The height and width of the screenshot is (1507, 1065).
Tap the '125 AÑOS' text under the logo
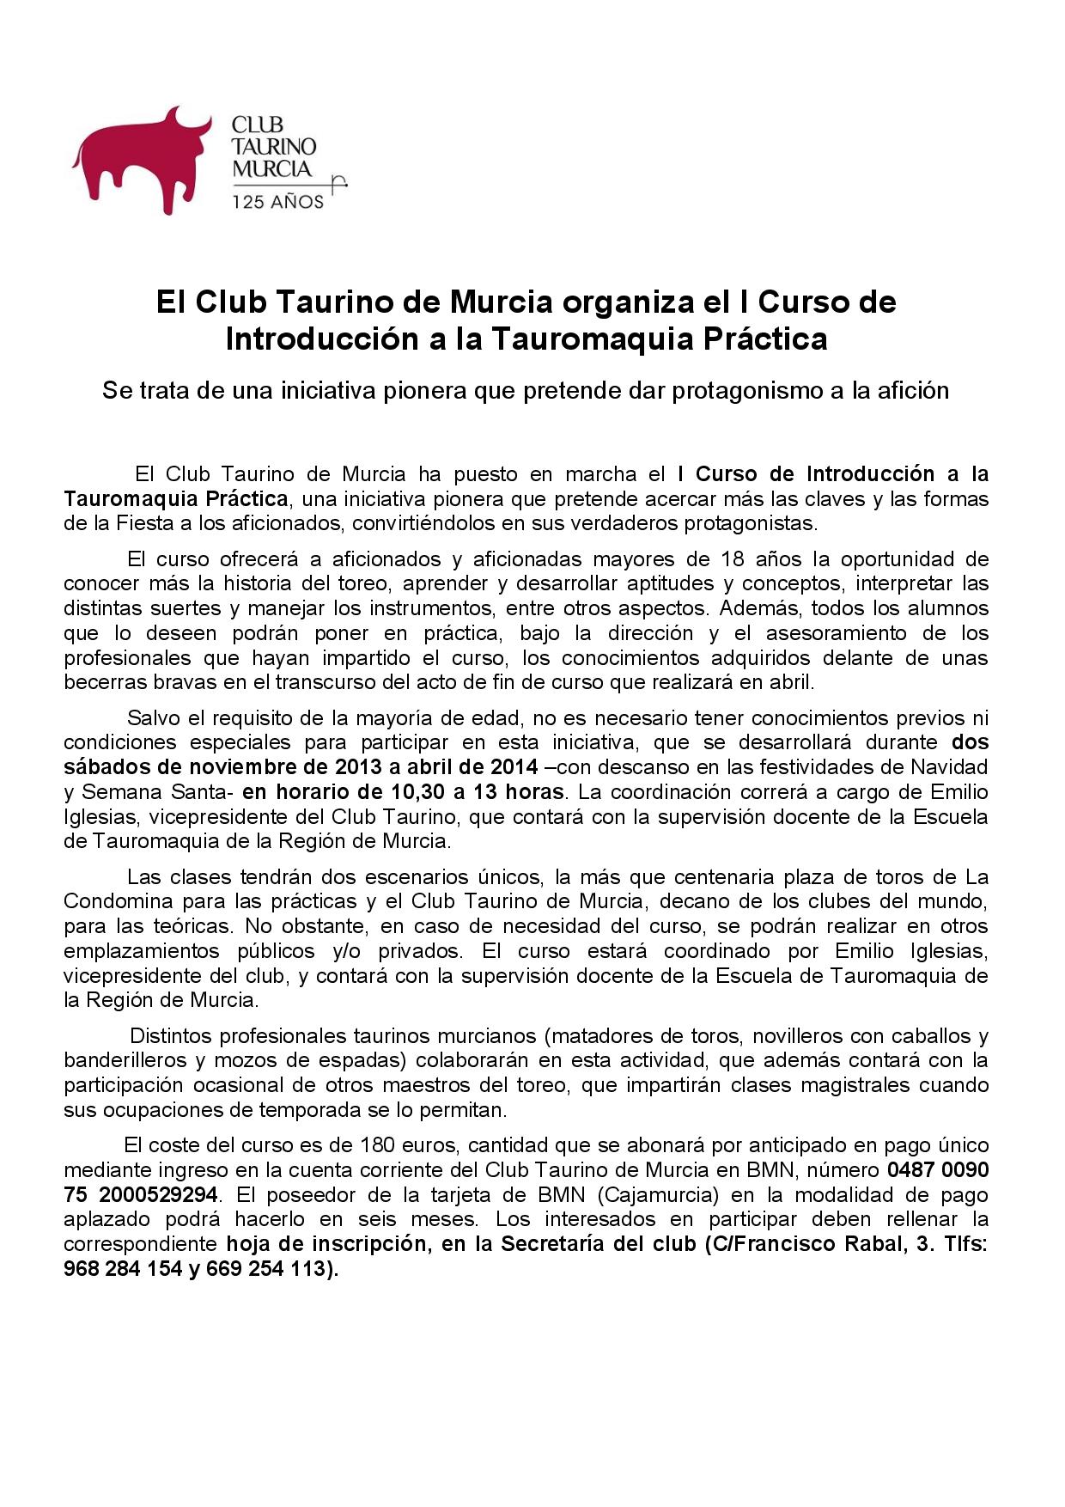pos(278,202)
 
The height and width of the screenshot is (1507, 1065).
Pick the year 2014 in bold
pos(514,766)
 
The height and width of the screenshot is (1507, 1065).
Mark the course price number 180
pos(378,1145)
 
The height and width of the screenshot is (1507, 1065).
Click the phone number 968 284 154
pos(119,1269)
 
